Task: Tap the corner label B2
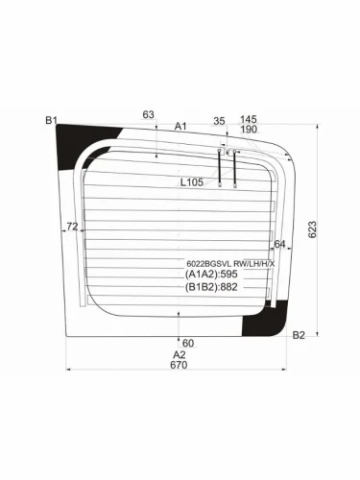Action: pyautogui.click(x=299, y=334)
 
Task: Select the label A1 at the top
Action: pyautogui.click(x=180, y=126)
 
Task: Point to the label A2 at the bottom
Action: pyautogui.click(x=179, y=354)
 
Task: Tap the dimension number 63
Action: pyautogui.click(x=148, y=115)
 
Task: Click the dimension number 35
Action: pyautogui.click(x=219, y=120)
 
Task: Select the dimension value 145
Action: pyautogui.click(x=249, y=119)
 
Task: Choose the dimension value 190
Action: pyautogui.click(x=249, y=130)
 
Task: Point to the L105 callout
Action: pyautogui.click(x=193, y=182)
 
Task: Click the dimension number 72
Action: pyautogui.click(x=72, y=227)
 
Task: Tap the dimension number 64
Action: pyautogui.click(x=279, y=244)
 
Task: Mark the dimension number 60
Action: pyautogui.click(x=188, y=343)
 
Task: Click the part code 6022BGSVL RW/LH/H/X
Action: pyautogui.click(x=229, y=263)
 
